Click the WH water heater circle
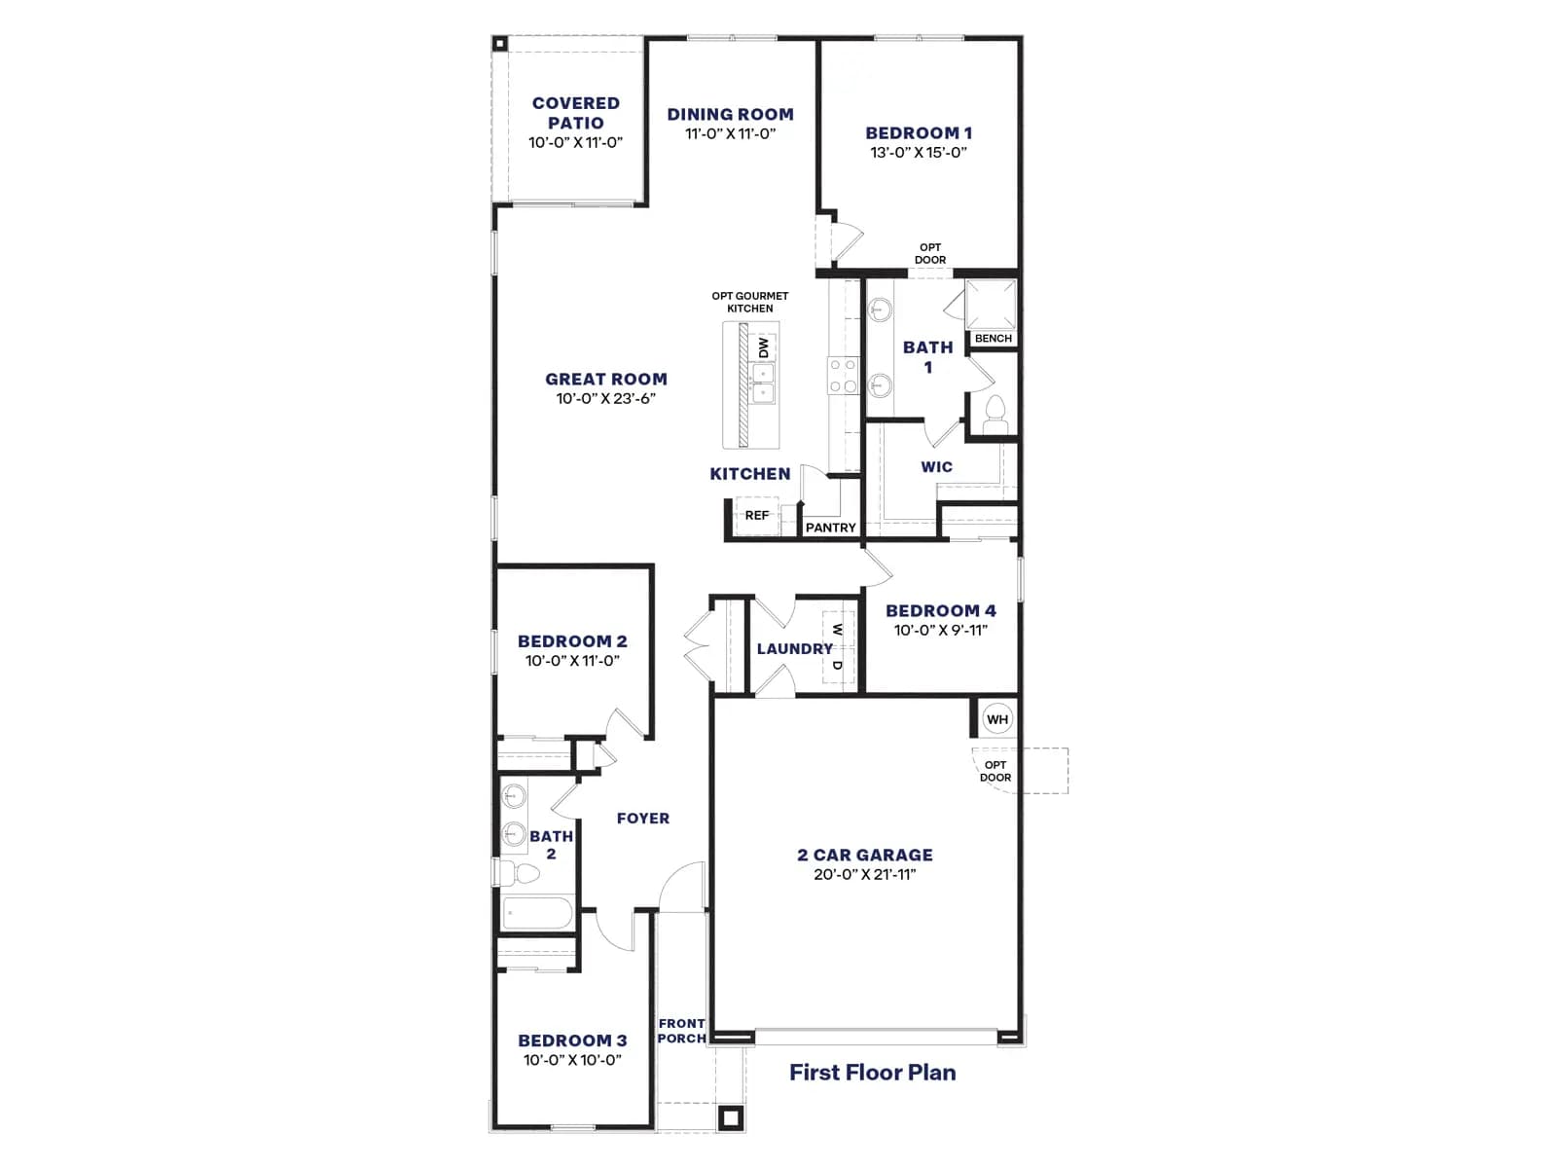pos(996,719)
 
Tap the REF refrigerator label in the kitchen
pos(757,516)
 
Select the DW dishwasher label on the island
pos(763,347)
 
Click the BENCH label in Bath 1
pos(994,339)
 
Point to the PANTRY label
pos(831,528)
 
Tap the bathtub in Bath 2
pos(538,913)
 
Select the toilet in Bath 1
pos(996,414)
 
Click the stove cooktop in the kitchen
pos(844,376)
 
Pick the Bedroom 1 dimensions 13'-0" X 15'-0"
pos(919,152)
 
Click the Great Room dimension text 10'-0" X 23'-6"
pos(606,398)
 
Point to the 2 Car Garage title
pos(865,856)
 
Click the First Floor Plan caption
pos(873,1073)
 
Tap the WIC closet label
pos(936,466)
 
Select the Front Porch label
pos(682,1031)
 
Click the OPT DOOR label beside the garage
pos(996,771)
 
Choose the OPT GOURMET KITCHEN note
pos(749,302)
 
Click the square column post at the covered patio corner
pos(499,44)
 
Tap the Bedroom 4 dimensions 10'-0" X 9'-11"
pos(941,631)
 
